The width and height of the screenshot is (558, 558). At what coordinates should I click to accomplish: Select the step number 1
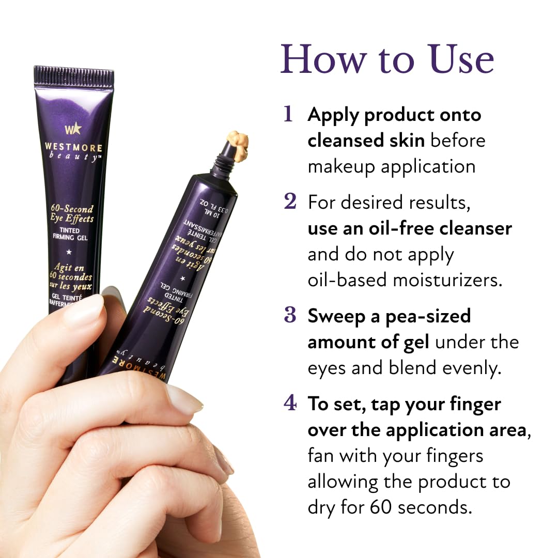click(288, 115)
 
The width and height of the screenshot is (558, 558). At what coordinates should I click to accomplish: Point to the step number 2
click(290, 202)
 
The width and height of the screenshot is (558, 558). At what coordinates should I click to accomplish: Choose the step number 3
click(290, 316)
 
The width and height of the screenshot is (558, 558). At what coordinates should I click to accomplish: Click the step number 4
click(290, 404)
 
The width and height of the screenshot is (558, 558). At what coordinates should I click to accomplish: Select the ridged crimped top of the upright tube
click(74, 76)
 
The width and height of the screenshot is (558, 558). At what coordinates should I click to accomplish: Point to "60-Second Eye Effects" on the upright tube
click(72, 213)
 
